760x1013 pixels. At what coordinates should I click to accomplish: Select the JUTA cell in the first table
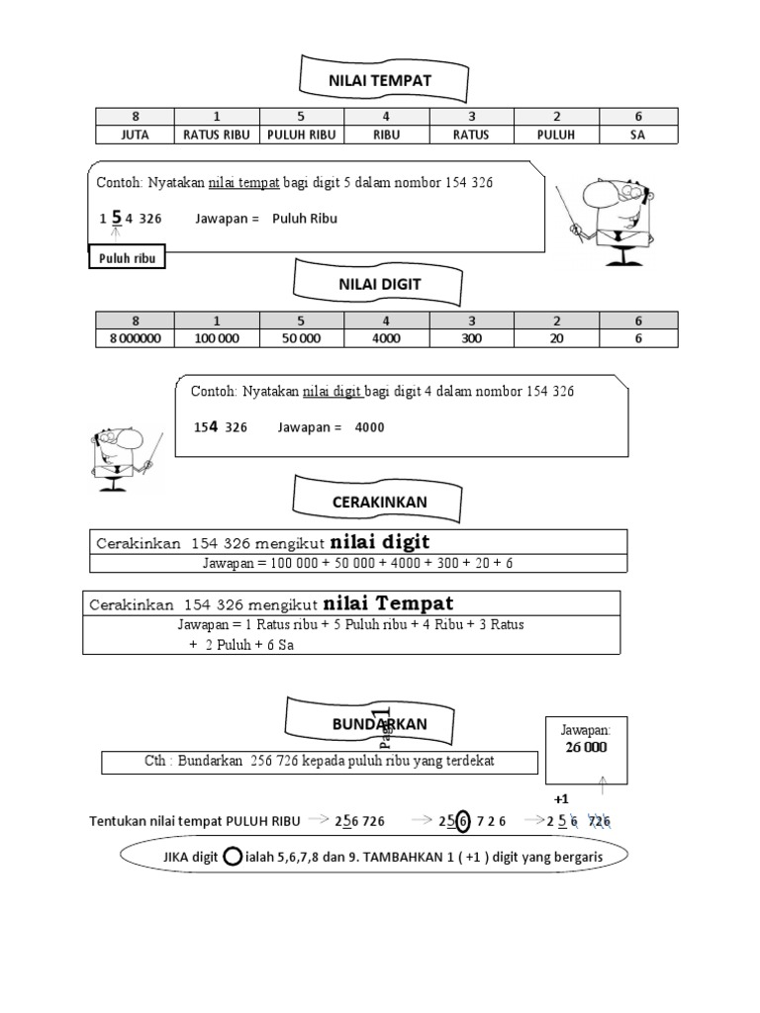click(135, 136)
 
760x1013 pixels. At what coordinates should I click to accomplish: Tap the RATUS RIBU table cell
click(216, 136)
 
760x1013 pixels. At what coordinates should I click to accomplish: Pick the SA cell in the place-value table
click(637, 136)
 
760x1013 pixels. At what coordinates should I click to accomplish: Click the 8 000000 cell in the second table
click(135, 337)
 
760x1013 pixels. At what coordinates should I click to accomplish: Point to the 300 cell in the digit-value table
click(471, 337)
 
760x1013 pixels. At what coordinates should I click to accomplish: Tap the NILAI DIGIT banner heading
click(379, 283)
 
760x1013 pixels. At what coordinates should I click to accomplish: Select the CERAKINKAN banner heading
click(379, 503)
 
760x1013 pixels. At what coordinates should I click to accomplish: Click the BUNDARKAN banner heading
click(379, 725)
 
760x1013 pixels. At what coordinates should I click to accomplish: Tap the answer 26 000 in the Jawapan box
click(586, 748)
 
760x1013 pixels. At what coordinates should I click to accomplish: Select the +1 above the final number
click(561, 797)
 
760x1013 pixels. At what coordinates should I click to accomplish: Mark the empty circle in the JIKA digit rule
click(233, 856)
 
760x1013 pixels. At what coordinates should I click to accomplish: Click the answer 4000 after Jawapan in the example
click(369, 428)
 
